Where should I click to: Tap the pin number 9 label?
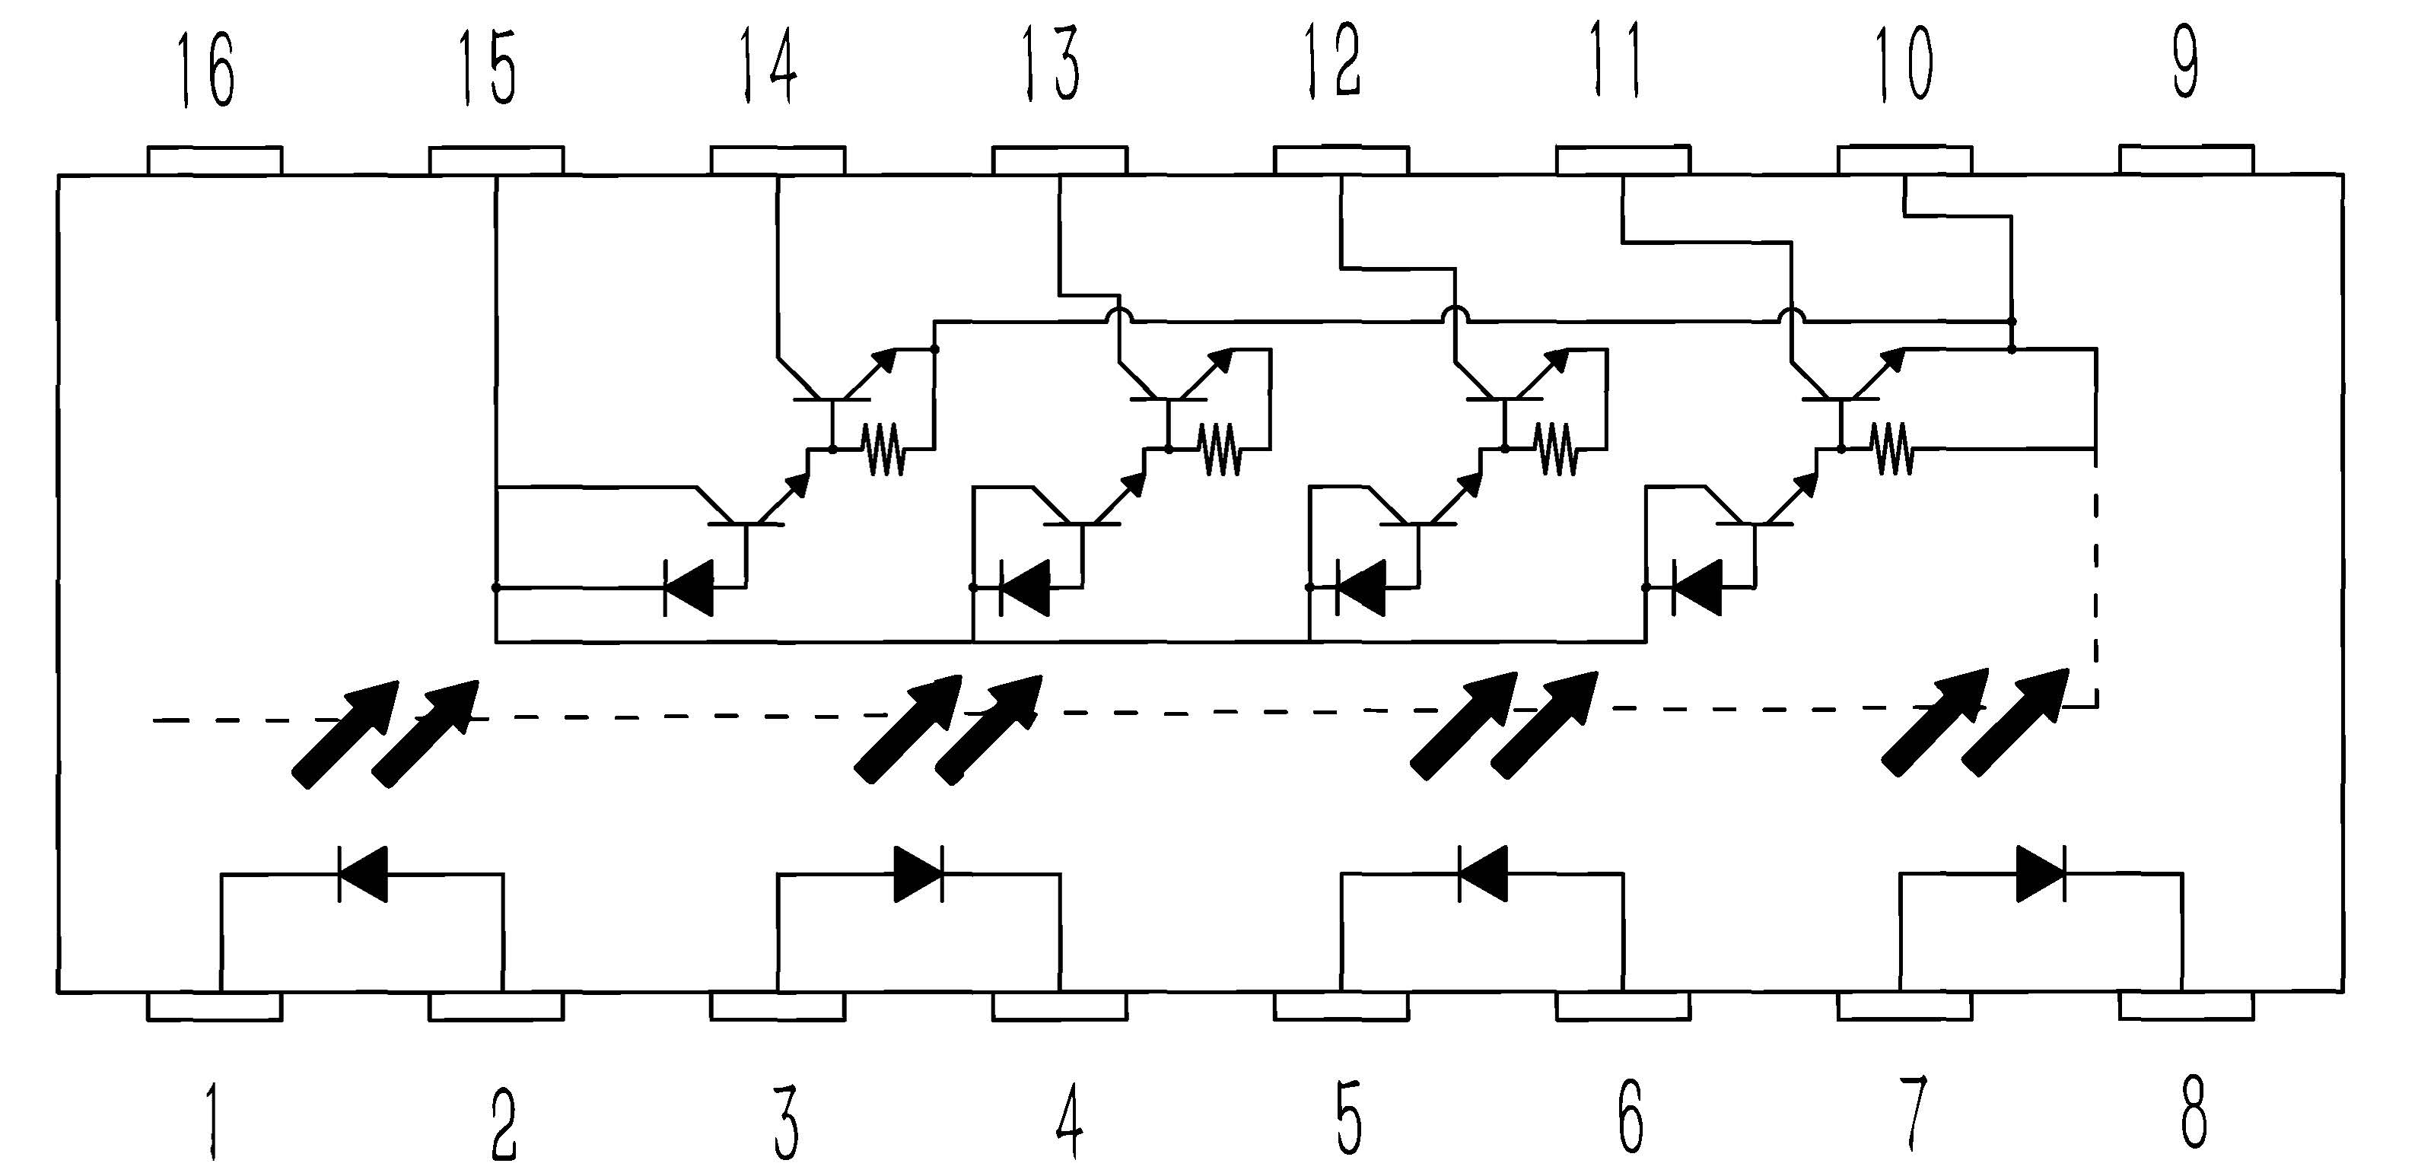click(x=2186, y=64)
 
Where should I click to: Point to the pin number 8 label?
click(x=2193, y=1114)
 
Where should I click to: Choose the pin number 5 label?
click(x=1348, y=1117)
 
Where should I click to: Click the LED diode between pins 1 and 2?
click(x=362, y=874)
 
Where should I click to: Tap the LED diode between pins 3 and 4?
click(x=918, y=874)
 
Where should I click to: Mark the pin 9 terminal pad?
click(x=2186, y=160)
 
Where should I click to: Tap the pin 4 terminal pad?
click(x=1060, y=1006)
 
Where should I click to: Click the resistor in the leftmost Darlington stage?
click(x=883, y=449)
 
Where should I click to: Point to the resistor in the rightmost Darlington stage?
click(x=1891, y=449)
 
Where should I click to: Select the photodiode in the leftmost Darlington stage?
click(x=688, y=587)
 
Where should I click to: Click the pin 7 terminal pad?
click(x=1904, y=1006)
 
